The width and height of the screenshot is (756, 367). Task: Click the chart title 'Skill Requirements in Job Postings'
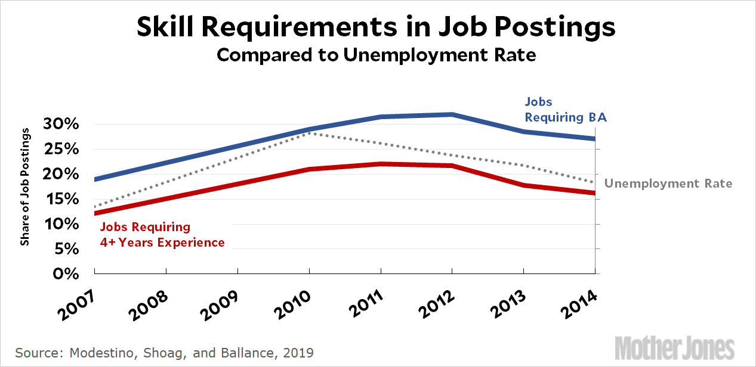point(377,27)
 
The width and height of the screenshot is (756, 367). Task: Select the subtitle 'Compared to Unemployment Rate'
point(377,55)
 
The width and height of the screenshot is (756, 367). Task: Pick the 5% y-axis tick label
point(69,249)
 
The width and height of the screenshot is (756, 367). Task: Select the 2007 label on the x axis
point(77,301)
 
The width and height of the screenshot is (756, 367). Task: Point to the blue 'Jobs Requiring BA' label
point(565,110)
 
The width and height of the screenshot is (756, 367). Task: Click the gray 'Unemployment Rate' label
point(668,183)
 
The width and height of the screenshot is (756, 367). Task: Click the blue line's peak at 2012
point(452,114)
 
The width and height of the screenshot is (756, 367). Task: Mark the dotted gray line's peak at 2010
point(309,133)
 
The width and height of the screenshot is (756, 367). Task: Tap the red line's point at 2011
point(381,164)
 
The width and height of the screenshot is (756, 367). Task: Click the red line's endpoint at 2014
point(594,192)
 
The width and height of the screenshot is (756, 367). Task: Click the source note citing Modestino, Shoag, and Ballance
point(164,353)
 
